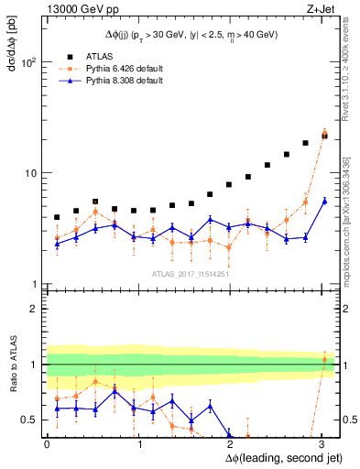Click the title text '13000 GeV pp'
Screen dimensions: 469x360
click(x=74, y=8)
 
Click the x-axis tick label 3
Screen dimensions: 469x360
click(x=324, y=444)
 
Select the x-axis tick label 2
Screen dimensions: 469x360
click(x=232, y=444)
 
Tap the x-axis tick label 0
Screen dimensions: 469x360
click(x=47, y=444)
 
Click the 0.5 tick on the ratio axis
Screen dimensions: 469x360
click(x=31, y=420)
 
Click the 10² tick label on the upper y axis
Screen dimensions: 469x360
click(x=29, y=62)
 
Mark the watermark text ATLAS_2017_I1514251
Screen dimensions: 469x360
click(x=191, y=274)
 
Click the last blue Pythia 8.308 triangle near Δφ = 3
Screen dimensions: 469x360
click(x=324, y=202)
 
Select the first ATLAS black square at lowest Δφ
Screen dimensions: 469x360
click(x=57, y=218)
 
